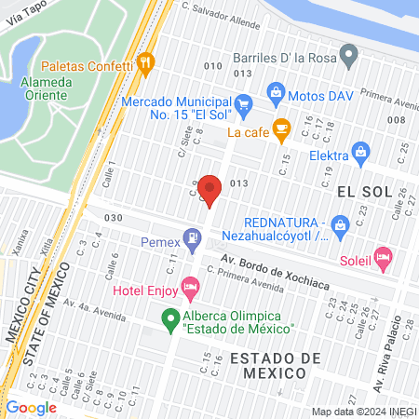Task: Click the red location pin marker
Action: pos(210,189)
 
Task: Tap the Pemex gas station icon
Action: pos(192,237)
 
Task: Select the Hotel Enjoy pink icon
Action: pos(191,285)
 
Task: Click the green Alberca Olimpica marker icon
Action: pos(170,321)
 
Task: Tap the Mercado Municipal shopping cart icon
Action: pos(243,103)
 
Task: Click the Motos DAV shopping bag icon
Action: pos(276,91)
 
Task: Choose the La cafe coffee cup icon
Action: pos(280,128)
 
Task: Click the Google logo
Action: pos(31,407)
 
